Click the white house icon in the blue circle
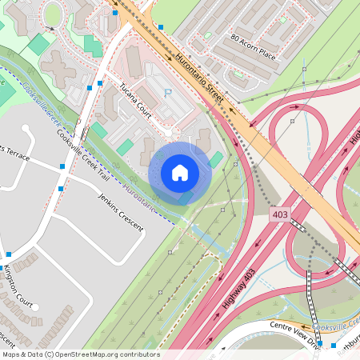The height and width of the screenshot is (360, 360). click(x=180, y=173)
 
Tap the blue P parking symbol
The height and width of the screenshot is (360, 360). click(x=167, y=94)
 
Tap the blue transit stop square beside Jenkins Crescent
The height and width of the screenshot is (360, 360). click(x=61, y=189)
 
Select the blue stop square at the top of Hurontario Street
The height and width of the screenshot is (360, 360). click(x=160, y=26)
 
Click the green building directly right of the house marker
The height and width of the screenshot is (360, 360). click(x=216, y=159)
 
